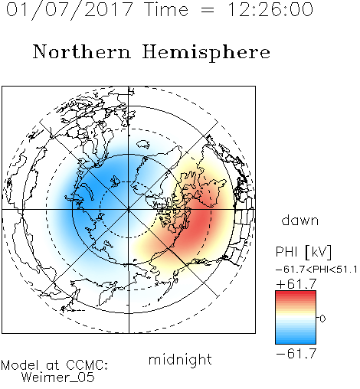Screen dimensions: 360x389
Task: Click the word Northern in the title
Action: [x=82, y=52]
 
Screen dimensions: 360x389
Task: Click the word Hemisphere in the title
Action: [x=206, y=53]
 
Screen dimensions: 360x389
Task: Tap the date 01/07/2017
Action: [x=70, y=10]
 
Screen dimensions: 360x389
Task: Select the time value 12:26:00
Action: [x=270, y=9]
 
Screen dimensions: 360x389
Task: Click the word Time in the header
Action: [x=166, y=9]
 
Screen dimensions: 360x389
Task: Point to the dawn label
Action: [x=300, y=221]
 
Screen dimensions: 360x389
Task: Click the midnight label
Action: [x=180, y=360]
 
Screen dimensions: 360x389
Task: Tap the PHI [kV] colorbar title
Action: [x=303, y=252]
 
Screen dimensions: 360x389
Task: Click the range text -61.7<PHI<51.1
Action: [x=316, y=270]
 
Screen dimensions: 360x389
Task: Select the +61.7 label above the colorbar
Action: [x=296, y=284]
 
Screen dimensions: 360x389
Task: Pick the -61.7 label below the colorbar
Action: [x=296, y=354]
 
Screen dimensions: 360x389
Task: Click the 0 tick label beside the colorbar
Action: [x=322, y=319]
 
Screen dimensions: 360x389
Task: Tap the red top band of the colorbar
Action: [x=296, y=295]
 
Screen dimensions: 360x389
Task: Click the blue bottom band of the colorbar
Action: [x=296, y=339]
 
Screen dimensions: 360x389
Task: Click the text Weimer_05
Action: [x=58, y=378]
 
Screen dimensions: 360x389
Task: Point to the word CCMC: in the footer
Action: [x=87, y=365]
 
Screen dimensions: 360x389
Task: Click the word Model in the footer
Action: [x=20, y=365]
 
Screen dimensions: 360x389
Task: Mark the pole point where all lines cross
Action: [x=129, y=210]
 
